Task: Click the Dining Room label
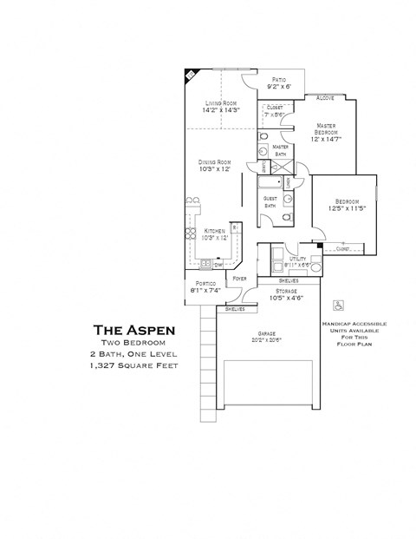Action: pyautogui.click(x=212, y=162)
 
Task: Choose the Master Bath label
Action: pyautogui.click(x=280, y=148)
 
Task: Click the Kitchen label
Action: pyautogui.click(x=214, y=231)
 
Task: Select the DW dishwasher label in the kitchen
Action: pyautogui.click(x=218, y=264)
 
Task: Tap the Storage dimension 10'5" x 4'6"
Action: pyautogui.click(x=286, y=299)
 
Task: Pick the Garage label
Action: pyautogui.click(x=267, y=334)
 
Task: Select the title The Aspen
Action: pyautogui.click(x=134, y=329)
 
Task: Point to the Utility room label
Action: pyautogui.click(x=298, y=258)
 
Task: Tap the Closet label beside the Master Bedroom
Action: pyautogui.click(x=274, y=108)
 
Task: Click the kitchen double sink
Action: pyautogui.click(x=205, y=263)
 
